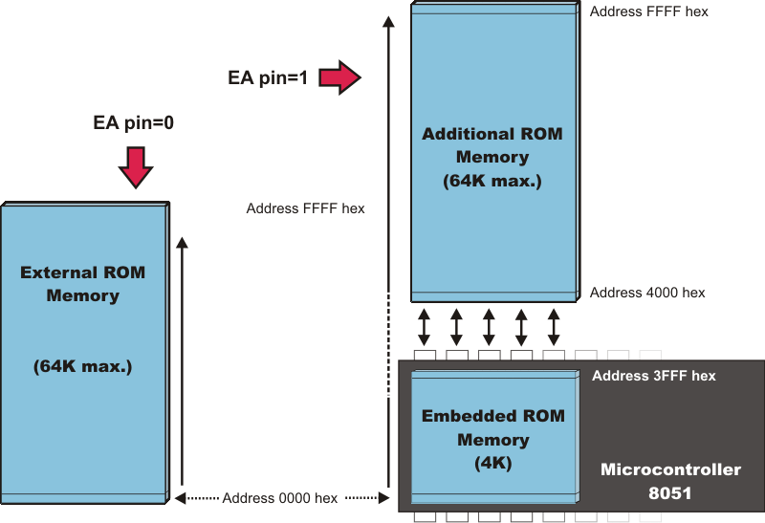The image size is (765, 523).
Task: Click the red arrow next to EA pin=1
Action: (x=339, y=76)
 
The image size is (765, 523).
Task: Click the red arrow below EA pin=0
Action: (x=135, y=167)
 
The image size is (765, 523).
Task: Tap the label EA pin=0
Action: (x=133, y=122)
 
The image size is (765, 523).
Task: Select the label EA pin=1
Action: (x=268, y=78)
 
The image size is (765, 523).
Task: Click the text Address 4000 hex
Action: (x=647, y=293)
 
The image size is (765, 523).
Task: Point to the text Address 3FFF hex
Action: (x=653, y=376)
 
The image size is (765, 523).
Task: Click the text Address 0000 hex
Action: (x=279, y=498)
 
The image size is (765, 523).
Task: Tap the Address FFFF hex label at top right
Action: (x=648, y=12)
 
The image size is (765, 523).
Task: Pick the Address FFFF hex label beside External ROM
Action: (x=305, y=208)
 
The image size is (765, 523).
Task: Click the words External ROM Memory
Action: (x=83, y=284)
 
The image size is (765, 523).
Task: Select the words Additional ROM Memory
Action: (x=492, y=145)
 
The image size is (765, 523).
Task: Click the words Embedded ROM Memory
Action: (x=493, y=428)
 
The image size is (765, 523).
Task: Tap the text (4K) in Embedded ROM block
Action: (x=493, y=464)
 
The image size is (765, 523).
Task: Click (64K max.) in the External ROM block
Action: (x=83, y=366)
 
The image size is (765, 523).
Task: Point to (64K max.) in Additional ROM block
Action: (x=492, y=181)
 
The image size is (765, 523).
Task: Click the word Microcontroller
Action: (x=670, y=469)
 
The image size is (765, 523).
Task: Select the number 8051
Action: (x=670, y=493)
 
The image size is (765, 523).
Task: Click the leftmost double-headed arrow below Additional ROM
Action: (x=425, y=326)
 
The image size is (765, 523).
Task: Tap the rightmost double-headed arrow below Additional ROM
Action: (x=554, y=326)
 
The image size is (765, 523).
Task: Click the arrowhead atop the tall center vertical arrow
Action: (x=387, y=21)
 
